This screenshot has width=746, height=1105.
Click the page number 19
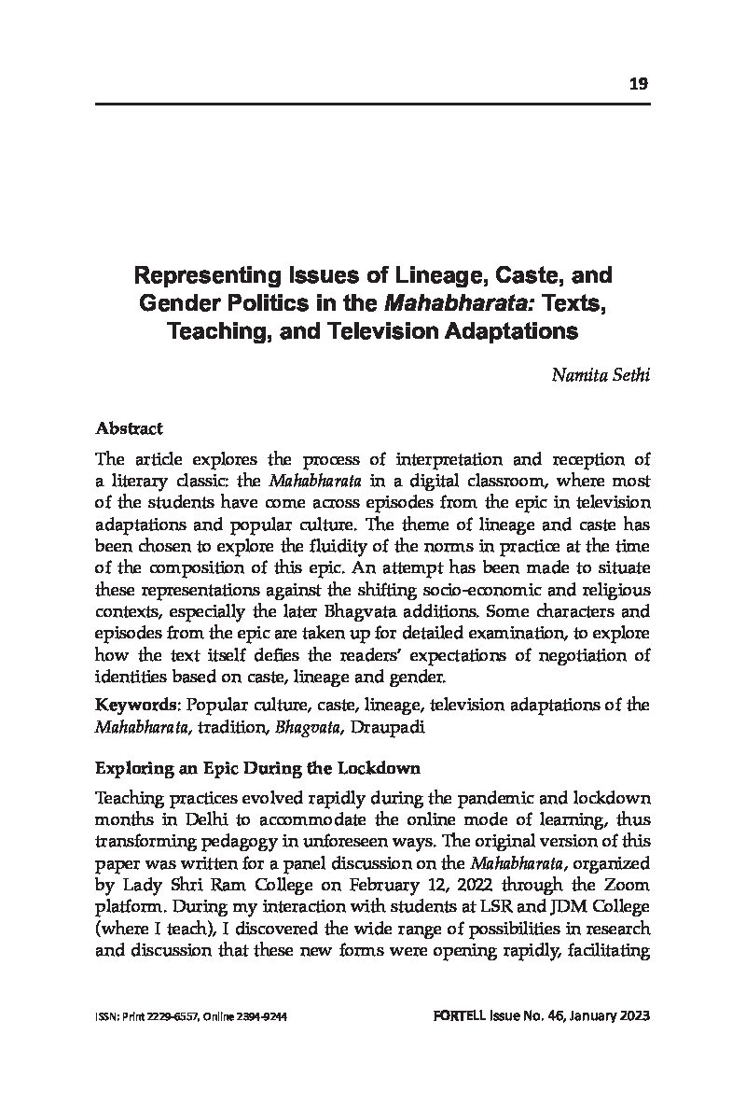point(639,84)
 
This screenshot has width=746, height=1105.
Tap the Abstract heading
point(129,429)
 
